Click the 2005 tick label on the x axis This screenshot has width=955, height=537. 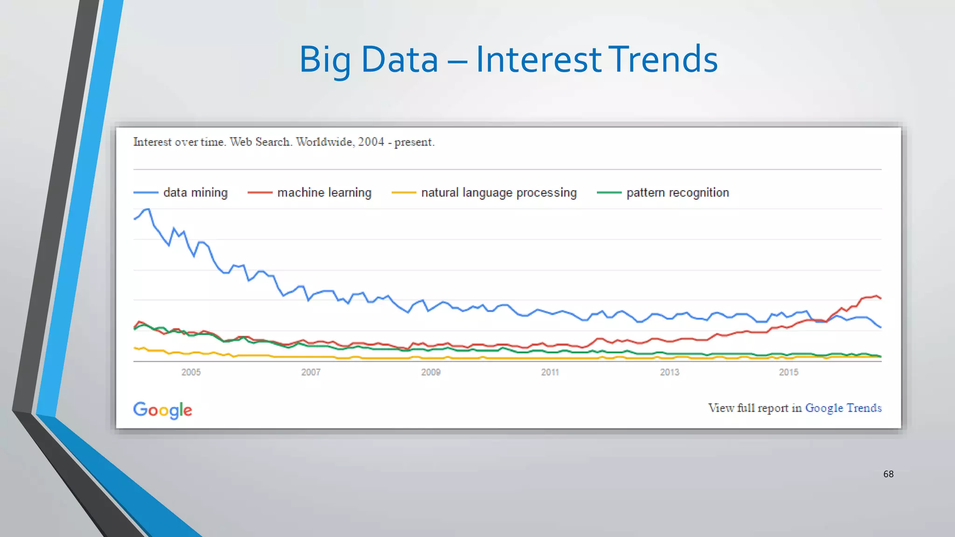(x=191, y=372)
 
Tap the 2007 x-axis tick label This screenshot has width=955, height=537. (x=311, y=372)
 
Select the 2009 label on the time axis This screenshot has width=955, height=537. (x=430, y=372)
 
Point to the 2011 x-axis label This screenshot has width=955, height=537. (x=550, y=372)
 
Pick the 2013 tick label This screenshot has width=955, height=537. (x=669, y=372)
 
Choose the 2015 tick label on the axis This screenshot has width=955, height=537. (x=789, y=372)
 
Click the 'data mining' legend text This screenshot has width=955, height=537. (x=195, y=193)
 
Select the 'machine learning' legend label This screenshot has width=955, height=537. (x=324, y=193)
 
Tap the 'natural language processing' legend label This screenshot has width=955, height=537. (x=499, y=193)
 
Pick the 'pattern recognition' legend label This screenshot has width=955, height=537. (x=678, y=193)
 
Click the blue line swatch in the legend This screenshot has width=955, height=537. (x=145, y=193)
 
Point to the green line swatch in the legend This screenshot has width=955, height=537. (x=609, y=193)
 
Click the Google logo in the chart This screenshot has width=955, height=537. (x=162, y=410)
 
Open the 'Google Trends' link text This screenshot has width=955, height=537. (x=843, y=408)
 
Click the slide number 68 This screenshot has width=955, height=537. (x=888, y=474)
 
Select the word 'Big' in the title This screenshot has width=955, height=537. (x=325, y=60)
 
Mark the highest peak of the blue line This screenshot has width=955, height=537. (x=148, y=209)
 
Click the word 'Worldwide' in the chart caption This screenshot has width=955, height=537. (x=325, y=142)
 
